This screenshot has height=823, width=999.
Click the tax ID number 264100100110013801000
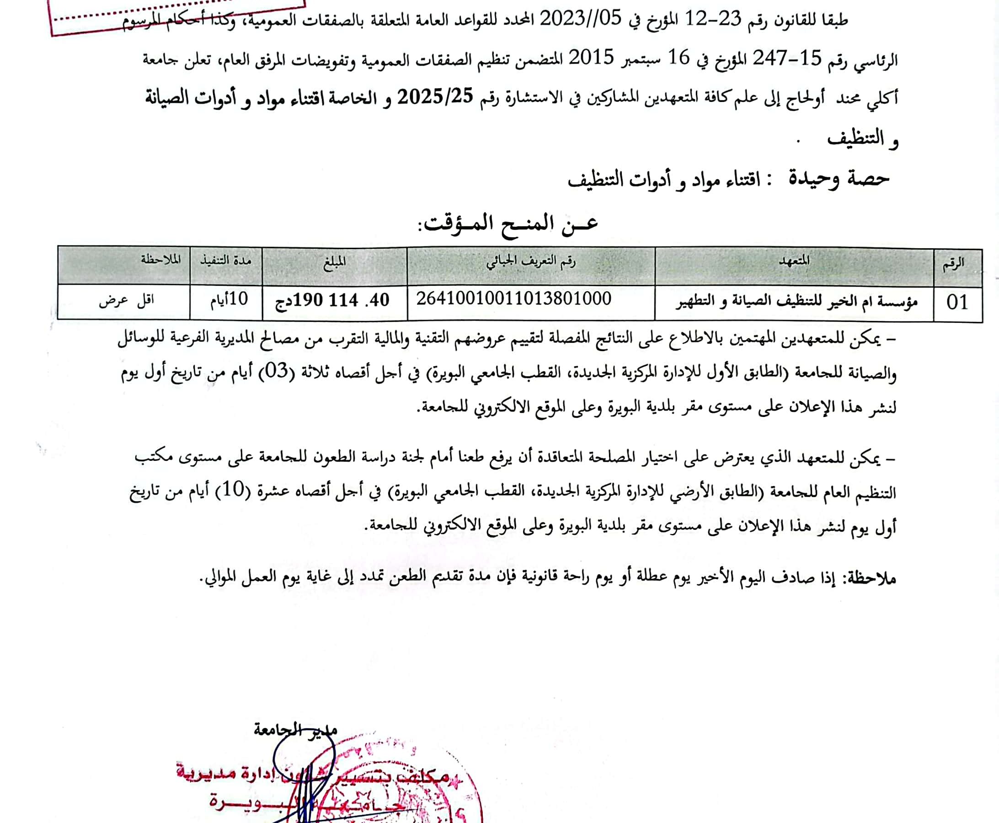(x=514, y=299)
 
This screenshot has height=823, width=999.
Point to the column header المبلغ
(x=334, y=262)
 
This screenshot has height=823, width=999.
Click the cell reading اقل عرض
(x=126, y=300)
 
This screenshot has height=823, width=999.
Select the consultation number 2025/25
(x=435, y=98)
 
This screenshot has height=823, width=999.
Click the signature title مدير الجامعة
(x=295, y=730)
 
